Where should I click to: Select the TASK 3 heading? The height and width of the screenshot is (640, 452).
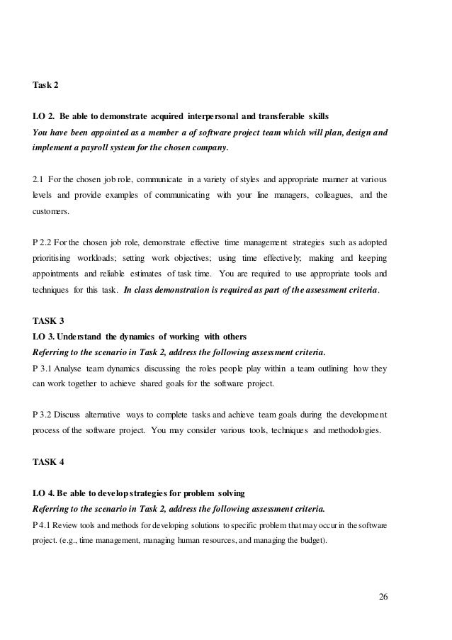pos(49,320)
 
